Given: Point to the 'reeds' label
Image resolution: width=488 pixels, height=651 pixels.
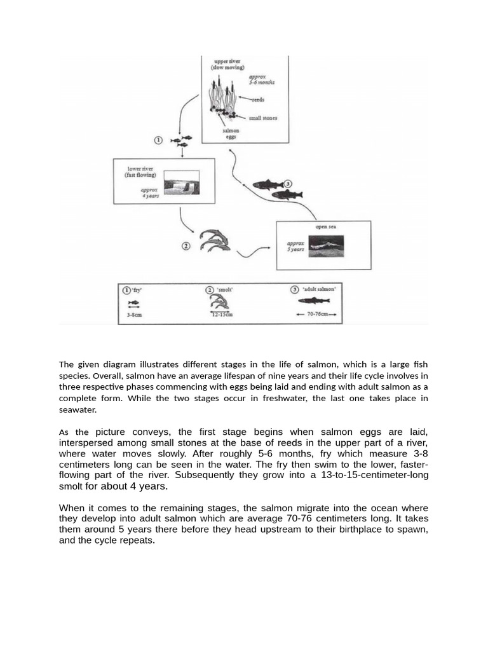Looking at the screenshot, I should pyautogui.click(x=258, y=100).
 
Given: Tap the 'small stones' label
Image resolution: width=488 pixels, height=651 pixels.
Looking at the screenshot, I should pyautogui.click(x=263, y=118).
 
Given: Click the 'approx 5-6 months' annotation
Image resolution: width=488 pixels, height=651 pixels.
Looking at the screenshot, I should pyautogui.click(x=261, y=79).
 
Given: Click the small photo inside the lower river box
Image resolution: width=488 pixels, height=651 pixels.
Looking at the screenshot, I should pyautogui.click(x=181, y=182).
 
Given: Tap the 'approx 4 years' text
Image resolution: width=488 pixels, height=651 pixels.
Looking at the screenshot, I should pyautogui.click(x=150, y=192).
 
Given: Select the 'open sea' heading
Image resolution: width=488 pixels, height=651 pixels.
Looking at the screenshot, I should pyautogui.click(x=325, y=226).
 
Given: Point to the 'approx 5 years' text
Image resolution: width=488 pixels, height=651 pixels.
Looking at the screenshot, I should pyautogui.click(x=295, y=246).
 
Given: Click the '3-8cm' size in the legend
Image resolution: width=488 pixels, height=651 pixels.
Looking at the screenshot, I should pyautogui.click(x=134, y=315).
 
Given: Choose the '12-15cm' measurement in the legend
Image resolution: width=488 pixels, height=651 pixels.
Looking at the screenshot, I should pyautogui.click(x=222, y=315).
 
